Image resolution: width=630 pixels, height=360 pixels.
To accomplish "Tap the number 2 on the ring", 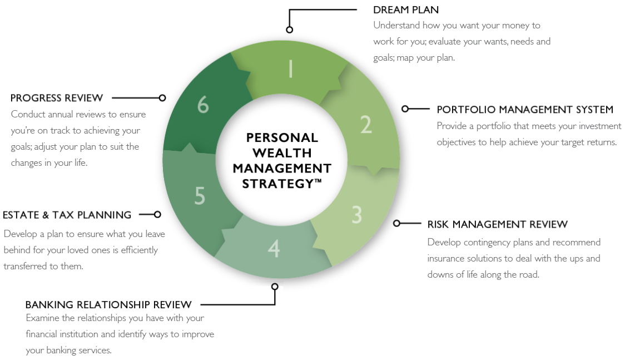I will [x=365, y=125].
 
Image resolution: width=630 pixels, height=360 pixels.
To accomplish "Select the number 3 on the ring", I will [x=357, y=214].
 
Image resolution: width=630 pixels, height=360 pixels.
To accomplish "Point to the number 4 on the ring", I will [x=274, y=249].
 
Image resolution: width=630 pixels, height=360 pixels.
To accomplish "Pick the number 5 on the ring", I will [x=200, y=196].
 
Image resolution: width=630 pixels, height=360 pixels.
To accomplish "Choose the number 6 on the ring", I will [x=203, y=105].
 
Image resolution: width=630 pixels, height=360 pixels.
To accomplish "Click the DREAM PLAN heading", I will [x=406, y=10].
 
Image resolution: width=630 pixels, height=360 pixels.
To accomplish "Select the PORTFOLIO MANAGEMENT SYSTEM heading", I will [x=525, y=110].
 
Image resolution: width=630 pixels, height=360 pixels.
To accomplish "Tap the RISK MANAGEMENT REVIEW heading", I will [x=497, y=225].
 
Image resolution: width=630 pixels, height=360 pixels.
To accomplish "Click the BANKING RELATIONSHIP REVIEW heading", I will [x=108, y=305].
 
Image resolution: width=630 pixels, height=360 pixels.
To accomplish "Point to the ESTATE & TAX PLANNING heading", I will [x=67, y=215].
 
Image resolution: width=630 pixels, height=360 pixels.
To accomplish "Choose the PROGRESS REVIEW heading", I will [x=57, y=98].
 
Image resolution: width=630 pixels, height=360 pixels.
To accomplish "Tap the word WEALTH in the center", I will [x=282, y=152].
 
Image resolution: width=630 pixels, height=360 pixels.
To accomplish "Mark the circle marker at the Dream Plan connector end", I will [x=289, y=29].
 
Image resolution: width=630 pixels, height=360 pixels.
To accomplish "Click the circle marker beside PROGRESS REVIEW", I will [x=162, y=97].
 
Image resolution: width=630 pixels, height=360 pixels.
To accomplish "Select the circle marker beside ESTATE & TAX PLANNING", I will [x=157, y=214].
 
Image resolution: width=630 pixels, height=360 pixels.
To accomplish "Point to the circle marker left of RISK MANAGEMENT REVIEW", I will [x=396, y=223].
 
